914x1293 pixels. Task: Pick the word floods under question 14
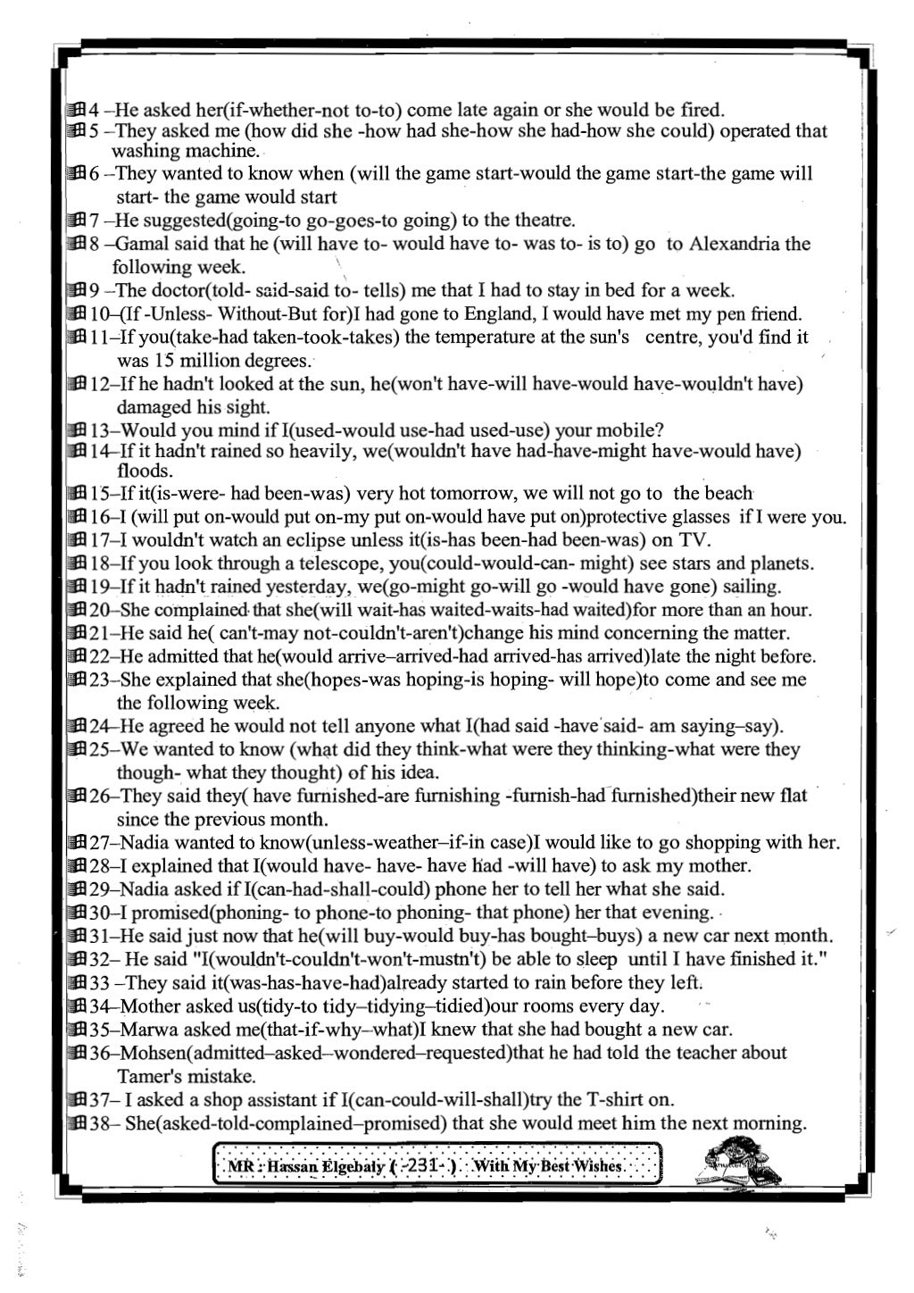144,471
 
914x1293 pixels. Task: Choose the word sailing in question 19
751,587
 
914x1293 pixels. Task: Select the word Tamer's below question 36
153,1075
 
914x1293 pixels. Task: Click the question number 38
102,1123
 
